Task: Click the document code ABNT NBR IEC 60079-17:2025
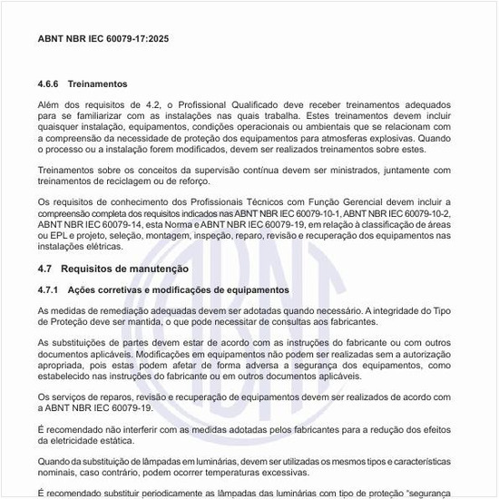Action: tap(103, 40)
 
